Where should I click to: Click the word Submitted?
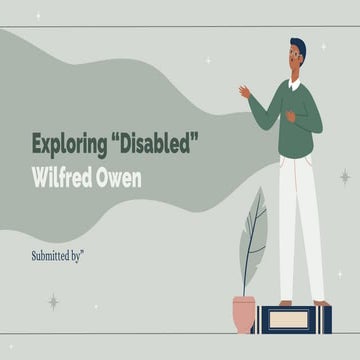tap(56, 255)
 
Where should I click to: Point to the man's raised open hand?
tap(244, 91)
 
